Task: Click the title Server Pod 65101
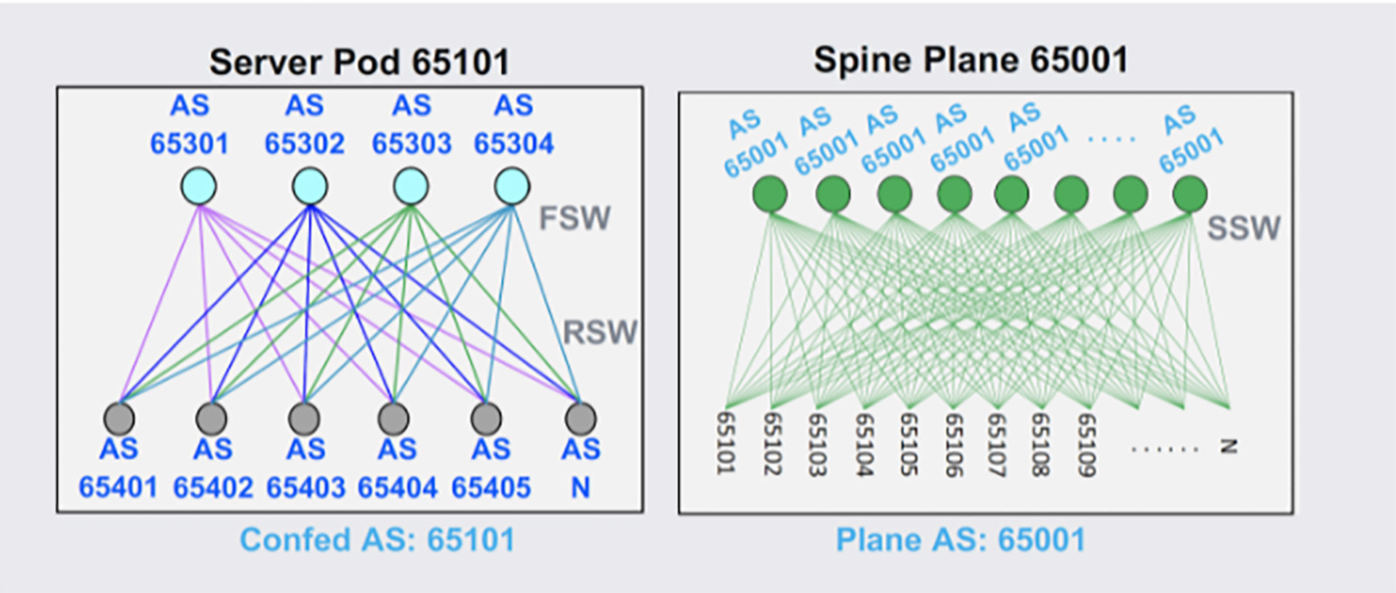359,62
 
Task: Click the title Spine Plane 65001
970,60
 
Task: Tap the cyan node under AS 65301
198,186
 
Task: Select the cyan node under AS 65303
411,186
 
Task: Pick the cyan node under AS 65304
512,186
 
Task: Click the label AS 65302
304,125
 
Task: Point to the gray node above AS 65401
119,418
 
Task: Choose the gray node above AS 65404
393,418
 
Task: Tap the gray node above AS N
580,418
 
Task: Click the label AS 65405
491,469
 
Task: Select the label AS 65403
305,469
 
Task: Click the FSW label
574,218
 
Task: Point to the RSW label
600,333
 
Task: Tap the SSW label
1243,228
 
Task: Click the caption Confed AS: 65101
377,540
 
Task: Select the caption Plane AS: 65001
960,540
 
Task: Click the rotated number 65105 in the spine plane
908,444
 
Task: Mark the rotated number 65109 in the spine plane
1086,444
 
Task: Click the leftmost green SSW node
769,194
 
